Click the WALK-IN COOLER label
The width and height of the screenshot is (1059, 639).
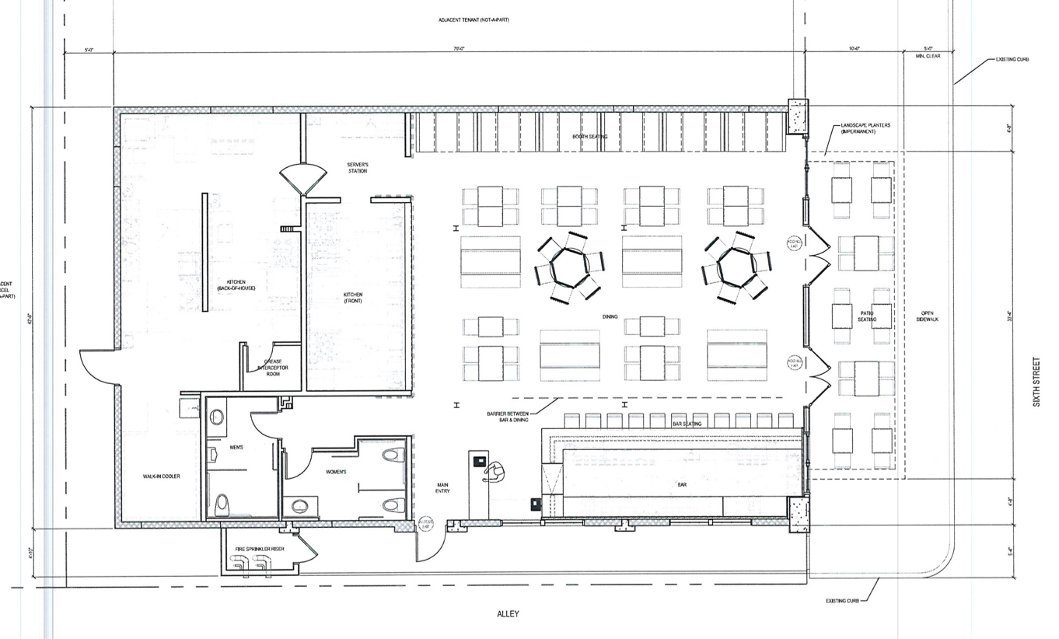pos(161,477)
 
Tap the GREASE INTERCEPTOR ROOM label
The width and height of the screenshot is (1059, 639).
pos(273,368)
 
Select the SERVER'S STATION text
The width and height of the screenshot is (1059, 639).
pos(357,168)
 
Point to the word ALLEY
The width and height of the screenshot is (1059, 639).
pos(508,614)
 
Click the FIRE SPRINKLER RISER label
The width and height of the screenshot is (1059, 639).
pos(260,549)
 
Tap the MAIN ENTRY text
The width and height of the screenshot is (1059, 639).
pos(442,488)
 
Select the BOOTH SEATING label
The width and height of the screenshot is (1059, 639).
pos(589,137)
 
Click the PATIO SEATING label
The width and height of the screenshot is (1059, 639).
pos(867,316)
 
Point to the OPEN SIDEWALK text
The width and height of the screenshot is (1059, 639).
pos(928,316)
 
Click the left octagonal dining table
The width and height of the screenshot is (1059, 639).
pos(568,267)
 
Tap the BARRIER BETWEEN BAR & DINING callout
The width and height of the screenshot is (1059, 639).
pos(508,416)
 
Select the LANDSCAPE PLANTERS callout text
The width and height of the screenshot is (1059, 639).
pos(865,128)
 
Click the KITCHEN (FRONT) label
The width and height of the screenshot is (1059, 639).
pos(353,297)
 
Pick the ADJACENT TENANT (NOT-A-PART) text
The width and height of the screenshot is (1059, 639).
pos(473,19)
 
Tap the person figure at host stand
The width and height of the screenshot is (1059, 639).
pos(493,470)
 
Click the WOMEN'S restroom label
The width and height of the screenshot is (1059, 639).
pos(335,472)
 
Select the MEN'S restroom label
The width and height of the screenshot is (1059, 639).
pos(236,447)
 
